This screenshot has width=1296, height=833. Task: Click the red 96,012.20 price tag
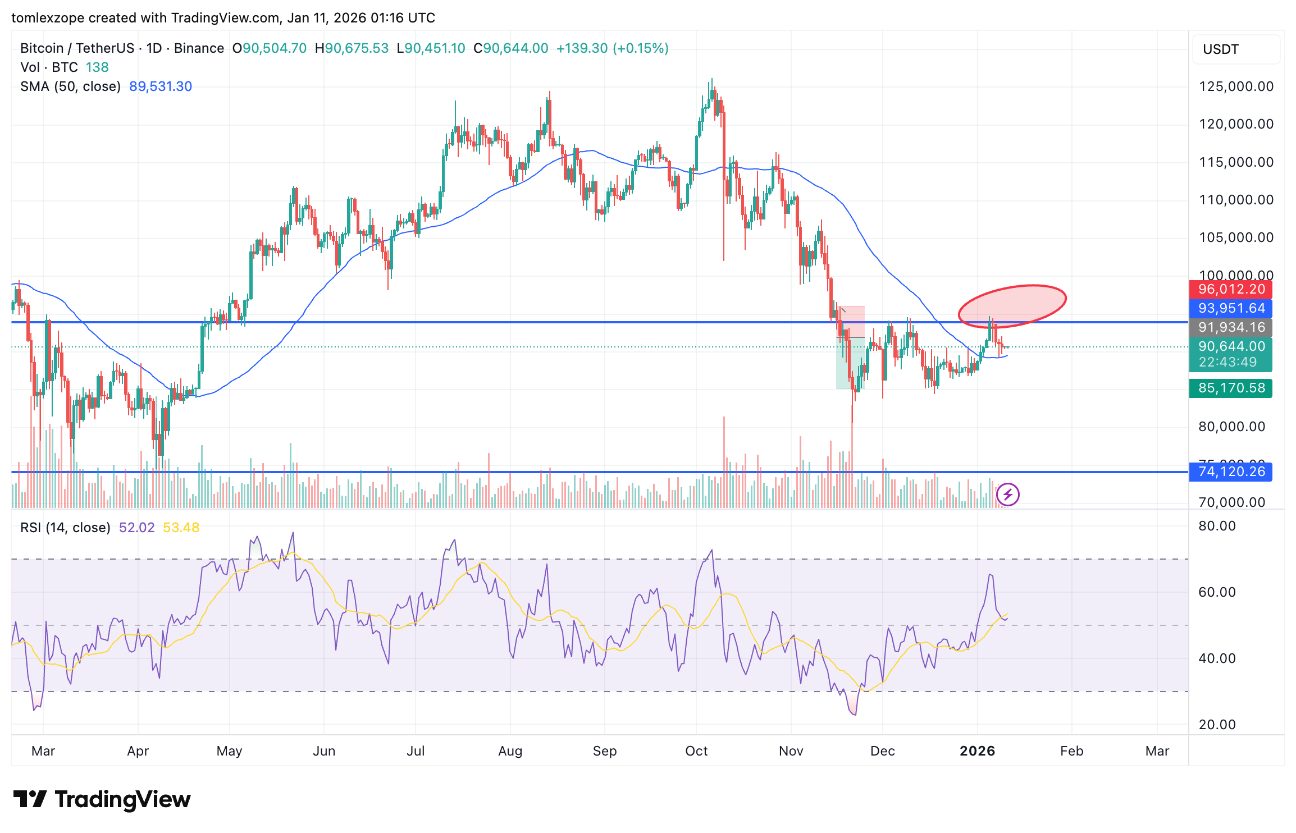point(1230,290)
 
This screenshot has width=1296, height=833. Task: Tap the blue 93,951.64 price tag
point(1230,309)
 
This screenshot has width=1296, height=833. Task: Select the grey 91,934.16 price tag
point(1230,328)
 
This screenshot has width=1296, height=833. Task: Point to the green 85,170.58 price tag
point(1230,388)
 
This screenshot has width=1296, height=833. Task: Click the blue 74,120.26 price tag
point(1230,472)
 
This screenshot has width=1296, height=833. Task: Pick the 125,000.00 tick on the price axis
point(1236,87)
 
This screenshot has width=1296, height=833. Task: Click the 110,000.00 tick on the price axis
point(1236,200)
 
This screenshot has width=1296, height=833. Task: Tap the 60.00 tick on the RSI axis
point(1217,593)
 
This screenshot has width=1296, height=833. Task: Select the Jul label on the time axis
point(416,752)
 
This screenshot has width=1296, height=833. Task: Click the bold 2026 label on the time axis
point(977,752)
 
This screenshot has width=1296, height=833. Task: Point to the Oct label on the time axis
point(696,752)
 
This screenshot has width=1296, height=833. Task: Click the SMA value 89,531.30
point(161,86)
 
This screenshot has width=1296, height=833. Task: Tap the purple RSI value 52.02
point(136,528)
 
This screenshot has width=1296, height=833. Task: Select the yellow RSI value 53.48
point(181,528)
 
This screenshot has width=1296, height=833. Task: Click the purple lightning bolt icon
point(1008,495)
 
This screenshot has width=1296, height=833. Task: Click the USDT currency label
point(1220,49)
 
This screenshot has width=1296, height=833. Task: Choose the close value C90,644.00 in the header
point(511,48)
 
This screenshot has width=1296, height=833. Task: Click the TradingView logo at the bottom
point(102,799)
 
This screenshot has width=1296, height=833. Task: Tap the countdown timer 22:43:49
point(1227,363)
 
